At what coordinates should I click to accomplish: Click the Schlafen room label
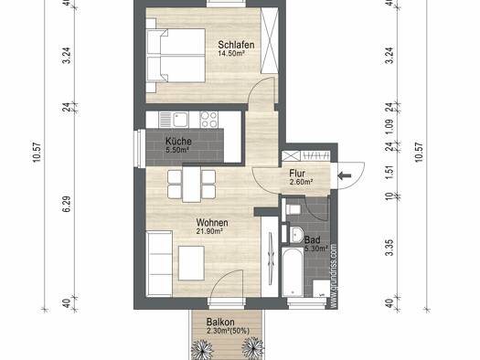point(236,45)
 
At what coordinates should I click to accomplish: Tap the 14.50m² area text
point(230,54)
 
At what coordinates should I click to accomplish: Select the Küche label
point(178,142)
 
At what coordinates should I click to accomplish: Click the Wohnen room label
point(212,222)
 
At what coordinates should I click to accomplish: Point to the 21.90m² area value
point(209,231)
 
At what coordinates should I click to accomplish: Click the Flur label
point(297,173)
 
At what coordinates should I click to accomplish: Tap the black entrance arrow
point(345,175)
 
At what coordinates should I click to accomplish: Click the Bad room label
point(313,239)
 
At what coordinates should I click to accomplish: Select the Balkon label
point(220,322)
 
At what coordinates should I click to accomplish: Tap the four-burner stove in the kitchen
point(209,120)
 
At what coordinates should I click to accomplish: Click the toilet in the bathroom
point(293,210)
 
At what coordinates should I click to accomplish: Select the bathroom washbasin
point(295,235)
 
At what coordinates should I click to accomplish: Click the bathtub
point(293,272)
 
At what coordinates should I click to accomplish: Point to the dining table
point(192,185)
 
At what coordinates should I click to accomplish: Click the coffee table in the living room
point(191,263)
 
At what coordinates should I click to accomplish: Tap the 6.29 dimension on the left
point(67,204)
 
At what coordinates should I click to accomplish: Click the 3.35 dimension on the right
point(389,248)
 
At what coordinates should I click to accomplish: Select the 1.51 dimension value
point(389,173)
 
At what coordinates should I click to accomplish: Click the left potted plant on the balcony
point(201,349)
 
